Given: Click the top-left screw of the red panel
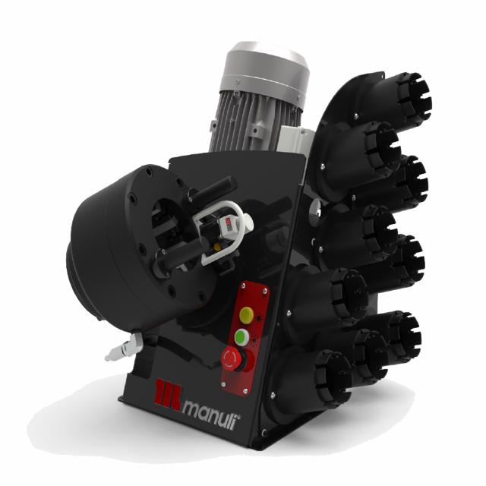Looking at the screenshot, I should pos(243,287).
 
